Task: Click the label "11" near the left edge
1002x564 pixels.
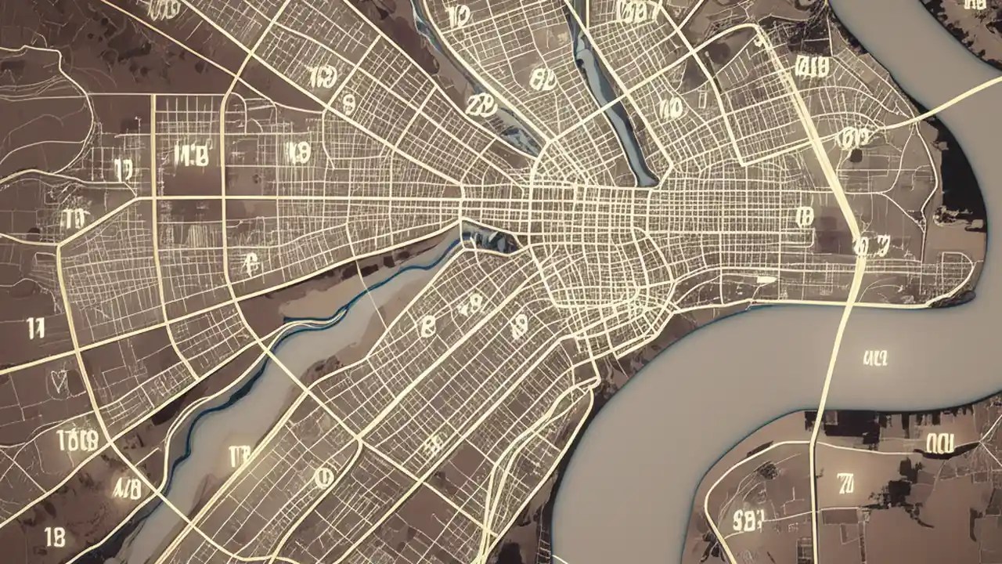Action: [x=36, y=327]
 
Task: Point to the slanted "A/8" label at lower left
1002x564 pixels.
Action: [x=127, y=490]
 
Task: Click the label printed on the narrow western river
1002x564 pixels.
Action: [x=239, y=454]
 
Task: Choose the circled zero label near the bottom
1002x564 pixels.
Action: [x=322, y=475]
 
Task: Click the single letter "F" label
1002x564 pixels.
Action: [x=251, y=264]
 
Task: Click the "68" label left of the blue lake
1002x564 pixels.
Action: [x=541, y=78]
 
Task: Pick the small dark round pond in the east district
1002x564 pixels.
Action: [x=856, y=156]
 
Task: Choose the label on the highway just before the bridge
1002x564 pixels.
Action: [x=870, y=248]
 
